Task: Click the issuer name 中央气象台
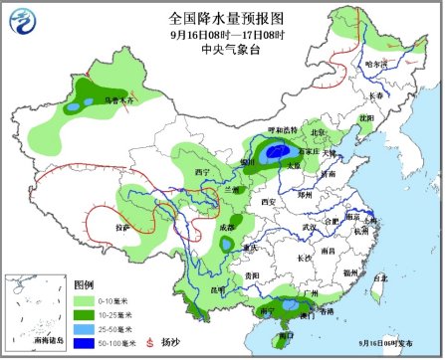(221, 48)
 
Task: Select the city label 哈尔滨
(376, 64)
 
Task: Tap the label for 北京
(318, 131)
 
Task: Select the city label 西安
(267, 202)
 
